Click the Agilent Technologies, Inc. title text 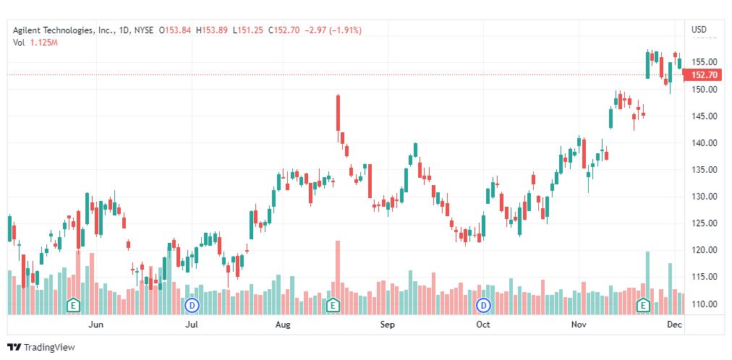click(62, 30)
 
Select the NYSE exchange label click(145, 30)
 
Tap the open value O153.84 click(176, 30)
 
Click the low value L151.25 click(249, 30)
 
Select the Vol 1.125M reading click(35, 43)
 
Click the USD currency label click(699, 30)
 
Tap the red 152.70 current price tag click(703, 75)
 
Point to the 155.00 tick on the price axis click(703, 63)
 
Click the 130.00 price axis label click(703, 197)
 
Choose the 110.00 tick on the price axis click(703, 304)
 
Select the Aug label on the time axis click(283, 325)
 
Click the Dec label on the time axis click(674, 325)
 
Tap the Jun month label click(95, 325)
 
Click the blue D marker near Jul click(192, 306)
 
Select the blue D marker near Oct click(484, 306)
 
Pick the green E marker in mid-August click(333, 306)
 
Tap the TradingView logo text click(49, 348)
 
